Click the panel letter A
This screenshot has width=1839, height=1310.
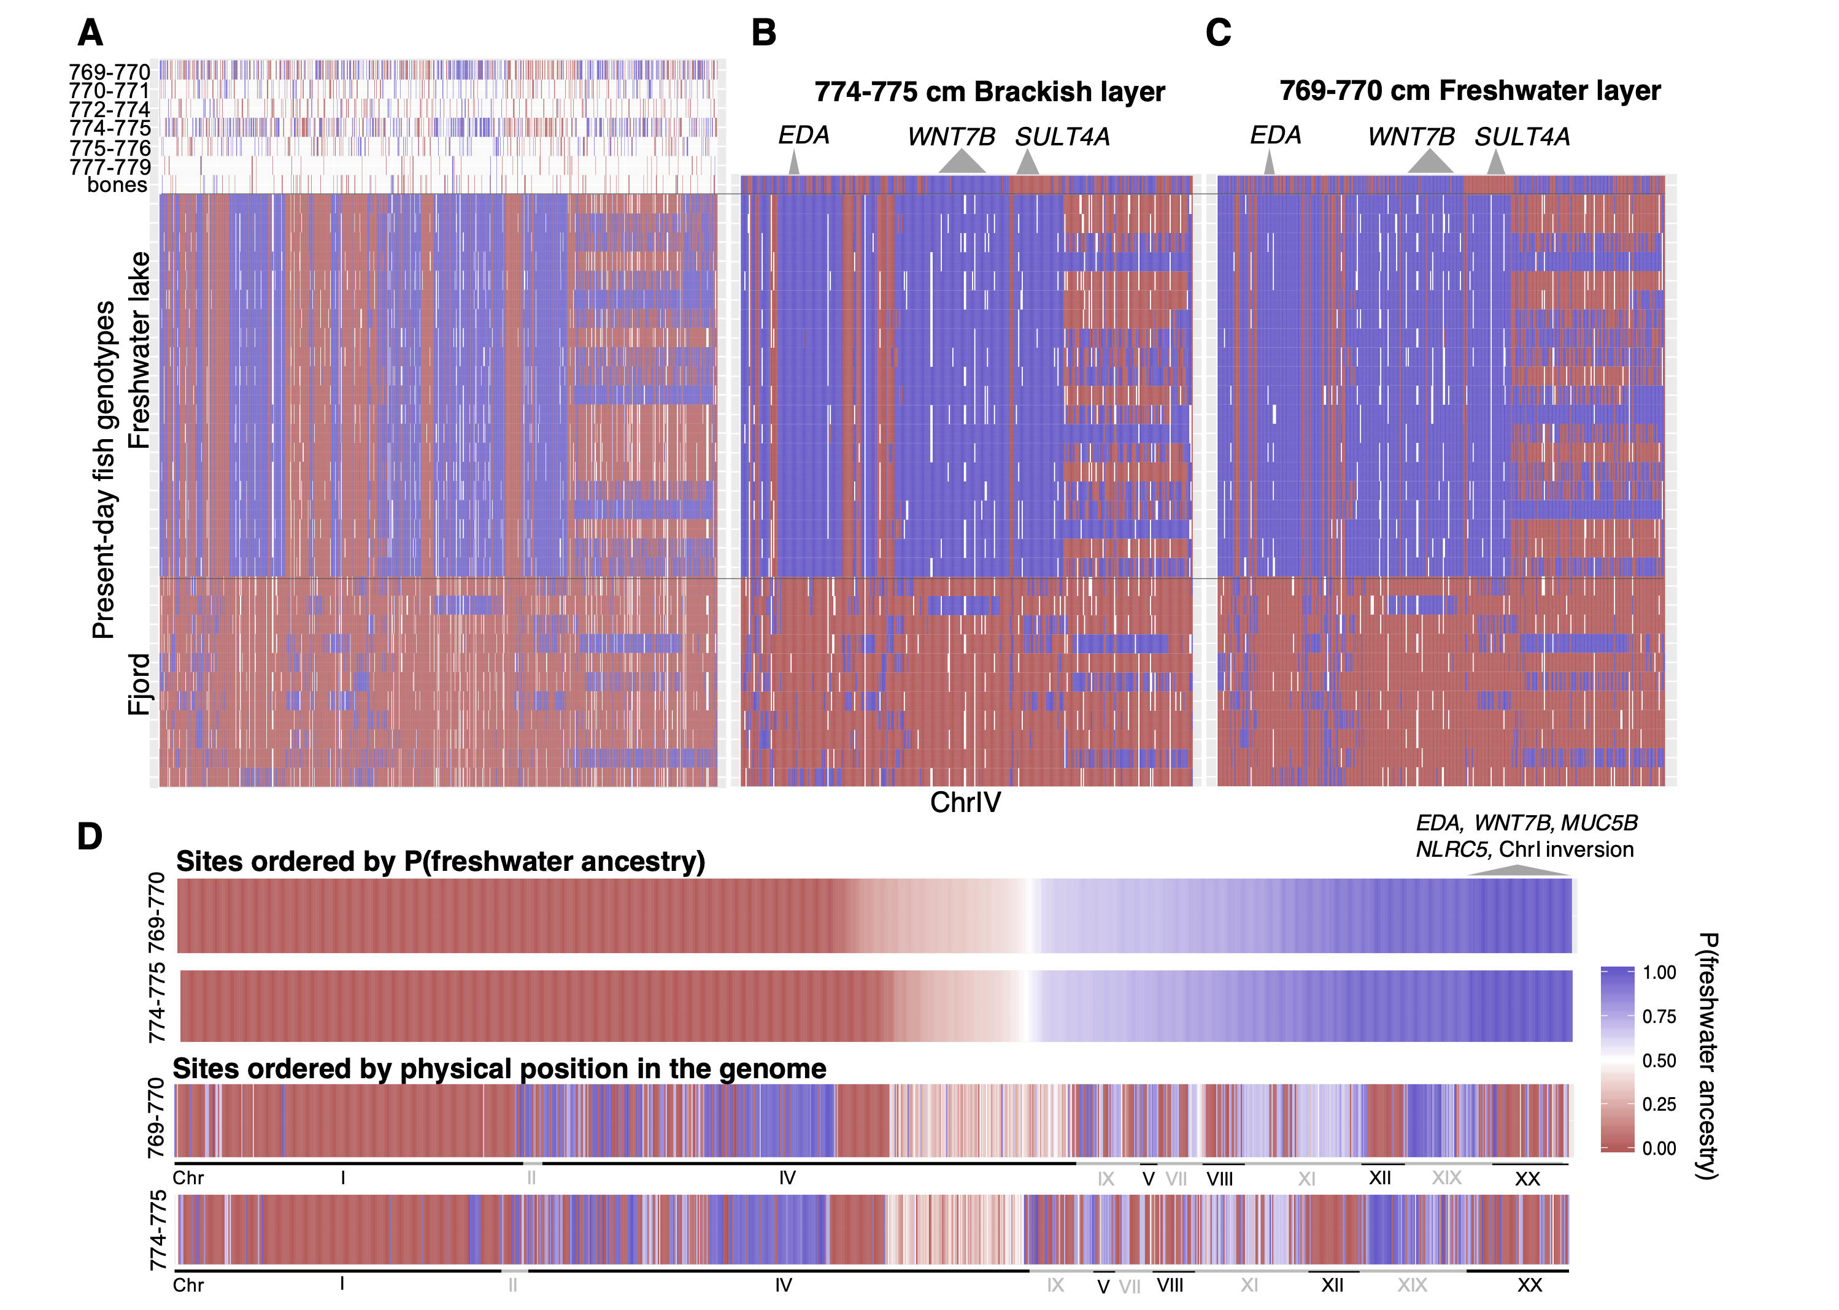[x=90, y=33]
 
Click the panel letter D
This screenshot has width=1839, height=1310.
[x=90, y=837]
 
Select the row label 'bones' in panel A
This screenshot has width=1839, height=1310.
[x=117, y=186]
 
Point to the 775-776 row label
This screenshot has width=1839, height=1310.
[x=110, y=148]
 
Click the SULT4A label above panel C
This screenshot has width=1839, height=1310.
[x=1522, y=137]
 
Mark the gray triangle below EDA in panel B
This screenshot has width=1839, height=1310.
[x=794, y=164]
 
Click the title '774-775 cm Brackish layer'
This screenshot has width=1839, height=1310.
[x=989, y=92]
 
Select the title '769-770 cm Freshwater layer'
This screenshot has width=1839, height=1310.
[x=1470, y=90]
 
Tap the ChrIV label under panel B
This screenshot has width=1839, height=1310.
[x=965, y=803]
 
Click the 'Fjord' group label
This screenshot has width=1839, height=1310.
[x=139, y=684]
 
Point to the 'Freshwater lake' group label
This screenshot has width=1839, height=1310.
[x=139, y=350]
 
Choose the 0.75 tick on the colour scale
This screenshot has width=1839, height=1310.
[x=1659, y=1016]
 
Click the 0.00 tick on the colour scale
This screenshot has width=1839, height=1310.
[x=1659, y=1148]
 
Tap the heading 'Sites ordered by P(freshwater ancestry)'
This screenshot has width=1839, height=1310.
[x=441, y=862]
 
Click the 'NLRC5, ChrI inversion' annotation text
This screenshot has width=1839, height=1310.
[x=1524, y=849]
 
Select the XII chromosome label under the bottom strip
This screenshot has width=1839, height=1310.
[x=1332, y=1285]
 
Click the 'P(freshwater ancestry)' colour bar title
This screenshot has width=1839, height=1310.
[x=1708, y=1057]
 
